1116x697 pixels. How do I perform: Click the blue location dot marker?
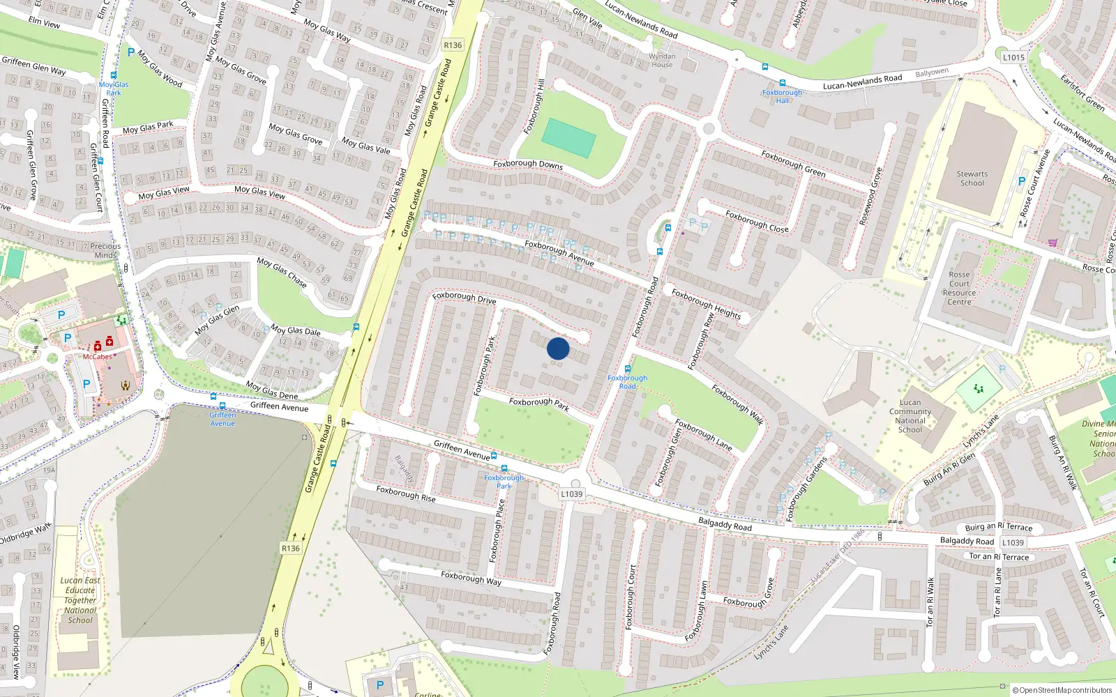558,348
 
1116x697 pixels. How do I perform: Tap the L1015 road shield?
1013,57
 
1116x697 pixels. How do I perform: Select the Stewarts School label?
972,178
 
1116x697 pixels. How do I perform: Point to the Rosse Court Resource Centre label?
959,288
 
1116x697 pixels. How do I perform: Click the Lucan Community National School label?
910,416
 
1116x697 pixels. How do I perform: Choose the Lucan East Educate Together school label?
80,599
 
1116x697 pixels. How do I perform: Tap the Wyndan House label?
662,61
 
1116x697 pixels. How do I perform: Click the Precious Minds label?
105,250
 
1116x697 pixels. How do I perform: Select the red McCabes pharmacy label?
97,357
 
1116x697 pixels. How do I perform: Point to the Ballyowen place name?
932,72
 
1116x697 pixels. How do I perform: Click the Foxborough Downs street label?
528,164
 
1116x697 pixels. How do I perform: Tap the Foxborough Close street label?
757,221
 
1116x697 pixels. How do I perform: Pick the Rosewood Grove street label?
870,196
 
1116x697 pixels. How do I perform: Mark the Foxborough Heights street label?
706,303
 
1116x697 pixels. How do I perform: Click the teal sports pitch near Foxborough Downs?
568,138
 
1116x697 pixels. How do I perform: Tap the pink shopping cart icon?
1052,243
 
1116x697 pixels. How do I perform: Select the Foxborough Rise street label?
406,493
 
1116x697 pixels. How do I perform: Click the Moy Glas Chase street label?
282,272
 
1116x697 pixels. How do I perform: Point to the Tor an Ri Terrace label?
999,556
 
